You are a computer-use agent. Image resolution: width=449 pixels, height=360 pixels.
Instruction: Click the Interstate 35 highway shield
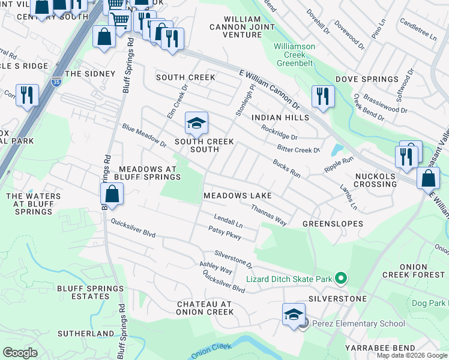[x=56, y=82]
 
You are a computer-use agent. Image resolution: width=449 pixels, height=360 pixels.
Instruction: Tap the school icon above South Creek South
[x=196, y=124]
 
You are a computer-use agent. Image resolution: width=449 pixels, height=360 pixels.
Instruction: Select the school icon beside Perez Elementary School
[x=293, y=314]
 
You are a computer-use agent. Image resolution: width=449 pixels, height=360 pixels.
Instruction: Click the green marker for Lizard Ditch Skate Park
[x=341, y=278]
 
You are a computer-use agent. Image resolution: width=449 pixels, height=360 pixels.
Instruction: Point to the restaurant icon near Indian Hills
[x=323, y=96]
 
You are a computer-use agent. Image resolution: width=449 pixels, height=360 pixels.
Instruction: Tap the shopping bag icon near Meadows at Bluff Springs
[x=112, y=194]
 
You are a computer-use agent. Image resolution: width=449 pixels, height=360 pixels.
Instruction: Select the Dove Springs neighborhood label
[x=367, y=79]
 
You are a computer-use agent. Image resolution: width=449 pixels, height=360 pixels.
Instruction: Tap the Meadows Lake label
[x=238, y=196]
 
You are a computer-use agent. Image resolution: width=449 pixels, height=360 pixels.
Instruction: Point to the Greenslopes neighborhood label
[x=333, y=224]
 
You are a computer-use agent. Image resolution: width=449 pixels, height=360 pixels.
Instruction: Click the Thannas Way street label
[x=269, y=214]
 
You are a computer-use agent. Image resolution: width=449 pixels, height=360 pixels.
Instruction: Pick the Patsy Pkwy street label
[x=224, y=233]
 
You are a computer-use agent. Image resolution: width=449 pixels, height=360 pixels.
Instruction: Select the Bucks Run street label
[x=286, y=167]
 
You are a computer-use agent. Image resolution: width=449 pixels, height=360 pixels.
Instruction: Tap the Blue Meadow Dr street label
[x=144, y=136]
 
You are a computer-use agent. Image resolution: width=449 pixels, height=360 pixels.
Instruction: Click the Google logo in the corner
[x=20, y=352]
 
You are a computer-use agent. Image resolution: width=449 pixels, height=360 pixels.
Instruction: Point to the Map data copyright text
[x=411, y=355]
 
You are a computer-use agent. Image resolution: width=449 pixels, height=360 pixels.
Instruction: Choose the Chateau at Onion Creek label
[x=204, y=308]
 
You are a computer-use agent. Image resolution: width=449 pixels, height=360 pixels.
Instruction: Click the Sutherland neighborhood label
[x=86, y=333]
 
